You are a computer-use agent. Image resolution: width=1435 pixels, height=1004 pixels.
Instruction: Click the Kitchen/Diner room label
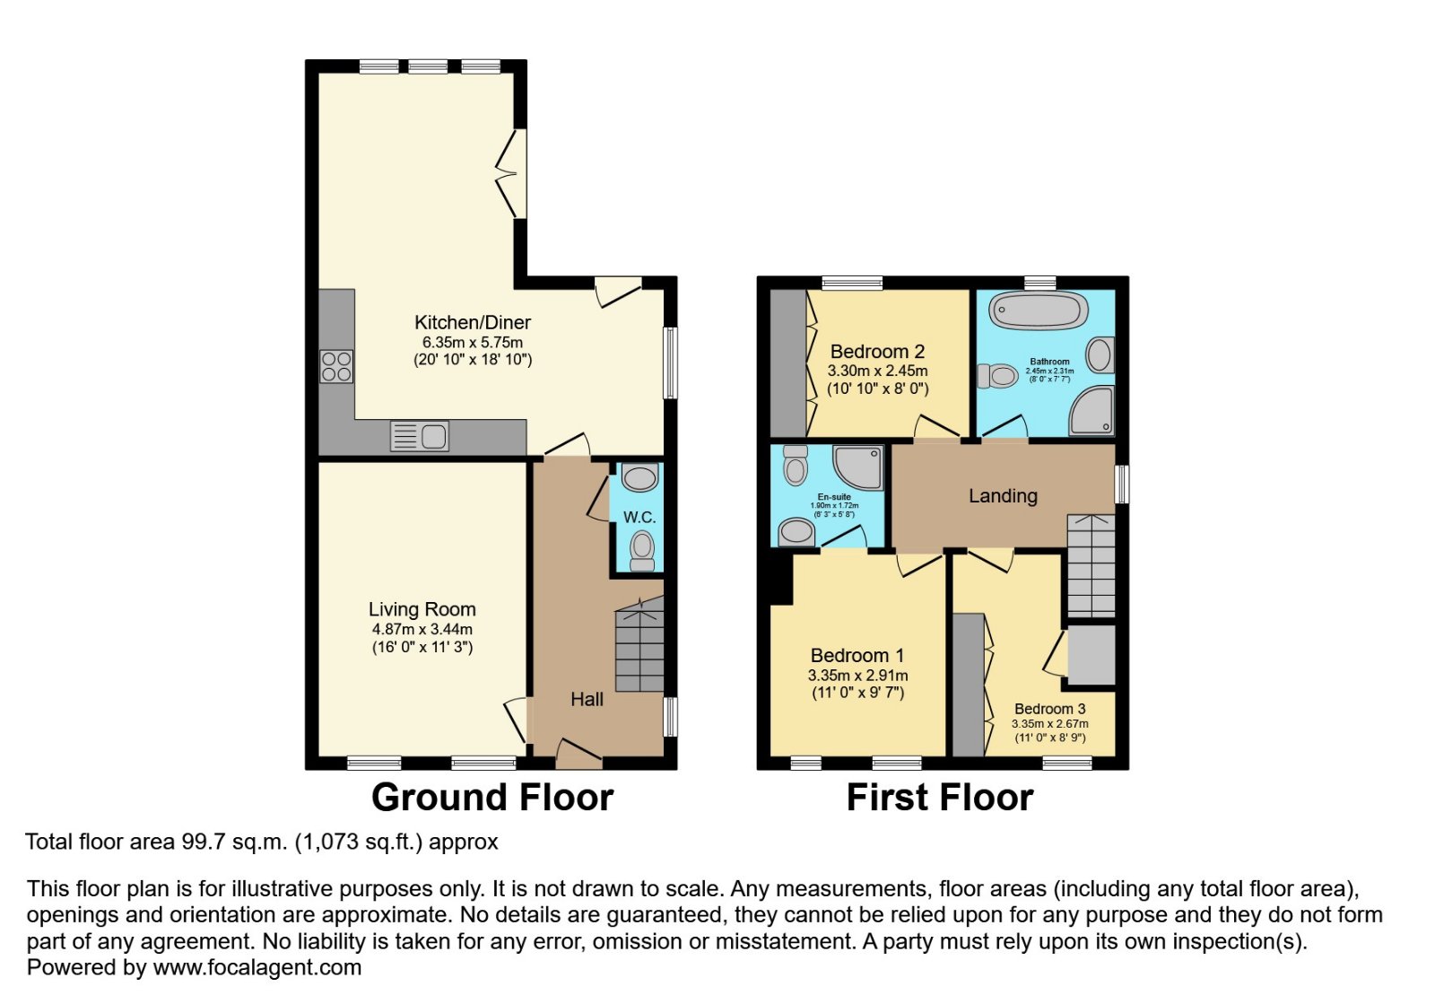coord(472,322)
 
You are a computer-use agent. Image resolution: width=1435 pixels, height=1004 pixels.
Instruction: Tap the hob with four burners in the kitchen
coord(336,366)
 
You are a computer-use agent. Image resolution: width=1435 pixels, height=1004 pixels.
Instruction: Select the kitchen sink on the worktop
coord(420,437)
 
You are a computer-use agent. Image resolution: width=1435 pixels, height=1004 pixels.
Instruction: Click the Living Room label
coord(422,610)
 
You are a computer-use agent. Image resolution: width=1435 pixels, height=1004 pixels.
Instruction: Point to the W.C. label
coord(639,518)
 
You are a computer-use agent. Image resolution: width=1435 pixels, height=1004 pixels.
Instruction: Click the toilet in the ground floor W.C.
coord(641,548)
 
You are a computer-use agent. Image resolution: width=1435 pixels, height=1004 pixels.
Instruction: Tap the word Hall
coord(587,700)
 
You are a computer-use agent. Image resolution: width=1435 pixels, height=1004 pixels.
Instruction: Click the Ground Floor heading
coord(491,798)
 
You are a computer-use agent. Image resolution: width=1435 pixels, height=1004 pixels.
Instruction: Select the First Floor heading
coord(939,798)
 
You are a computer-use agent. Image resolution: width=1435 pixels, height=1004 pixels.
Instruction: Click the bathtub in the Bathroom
coord(1038,311)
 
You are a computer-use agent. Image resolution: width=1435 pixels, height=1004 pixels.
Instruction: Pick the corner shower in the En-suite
coord(858,467)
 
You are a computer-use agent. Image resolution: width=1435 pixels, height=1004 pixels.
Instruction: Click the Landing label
coord(1003,496)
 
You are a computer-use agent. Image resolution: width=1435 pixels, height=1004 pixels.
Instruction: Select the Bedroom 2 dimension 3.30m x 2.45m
coord(877,371)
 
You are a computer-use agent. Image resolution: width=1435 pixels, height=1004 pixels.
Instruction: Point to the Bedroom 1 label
coord(857,656)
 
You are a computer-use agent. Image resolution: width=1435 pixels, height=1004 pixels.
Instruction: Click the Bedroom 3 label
coord(1049,709)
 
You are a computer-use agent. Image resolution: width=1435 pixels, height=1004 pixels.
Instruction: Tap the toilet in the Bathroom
coord(997,375)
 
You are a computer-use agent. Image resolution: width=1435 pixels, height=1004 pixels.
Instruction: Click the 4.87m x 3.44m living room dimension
coord(422,630)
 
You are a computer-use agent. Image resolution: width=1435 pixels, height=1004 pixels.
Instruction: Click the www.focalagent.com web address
coord(257,968)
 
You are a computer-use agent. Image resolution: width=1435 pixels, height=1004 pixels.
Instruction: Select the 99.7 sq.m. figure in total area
coord(234,842)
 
